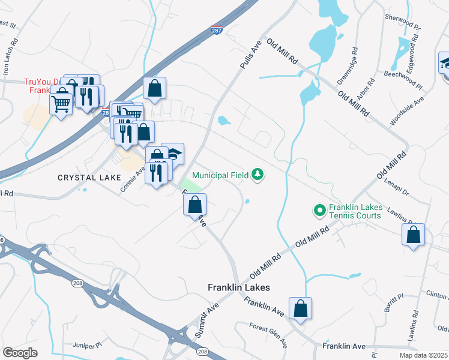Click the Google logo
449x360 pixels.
pos(20,352)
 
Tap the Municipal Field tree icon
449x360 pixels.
pos(258,175)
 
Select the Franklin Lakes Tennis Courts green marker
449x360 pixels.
pos(318,211)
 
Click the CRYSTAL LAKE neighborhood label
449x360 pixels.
pos(89,178)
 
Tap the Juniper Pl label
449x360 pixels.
pos(75,346)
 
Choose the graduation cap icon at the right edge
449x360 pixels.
pos(445,64)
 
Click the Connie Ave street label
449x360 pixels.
pos(133,178)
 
